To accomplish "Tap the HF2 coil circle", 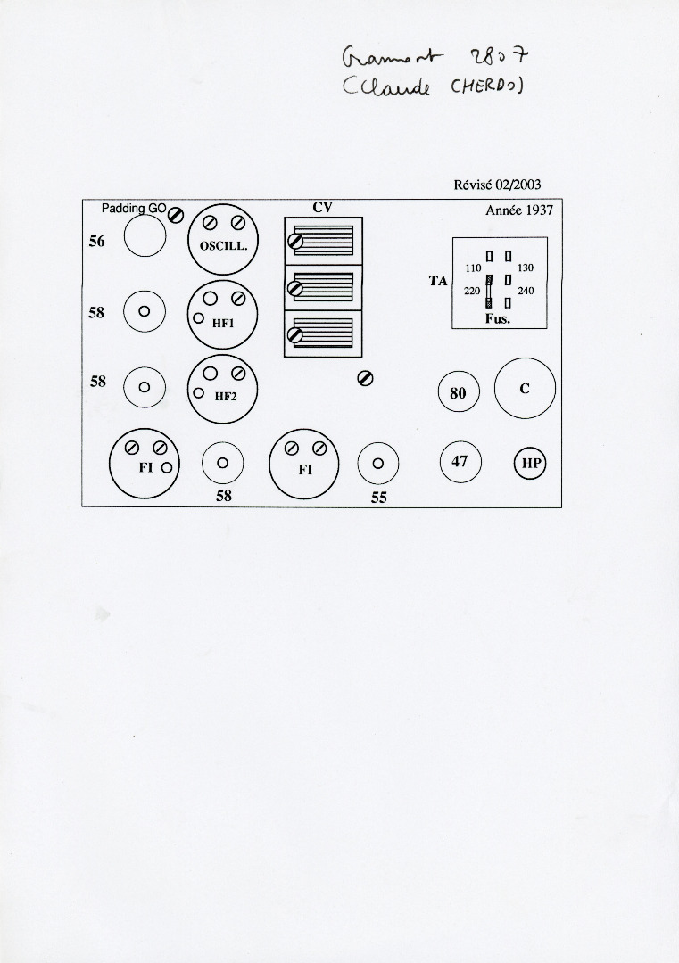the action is point(223,391).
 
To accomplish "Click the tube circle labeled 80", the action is point(459,392).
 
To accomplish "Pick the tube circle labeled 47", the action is point(460,462).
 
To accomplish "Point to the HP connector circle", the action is point(531,464).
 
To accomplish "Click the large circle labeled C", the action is point(525,389).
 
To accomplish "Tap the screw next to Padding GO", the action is point(177,215).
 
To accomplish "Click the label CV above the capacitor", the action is point(322,208).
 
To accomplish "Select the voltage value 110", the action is point(473,268).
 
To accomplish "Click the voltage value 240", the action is point(526,291).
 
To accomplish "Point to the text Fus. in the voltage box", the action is point(498,319).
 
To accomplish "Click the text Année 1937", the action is point(519,211).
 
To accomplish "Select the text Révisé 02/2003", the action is point(497,185).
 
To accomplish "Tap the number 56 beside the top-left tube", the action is point(96,241).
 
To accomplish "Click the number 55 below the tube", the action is point(379,498).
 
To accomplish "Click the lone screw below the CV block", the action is point(364,378).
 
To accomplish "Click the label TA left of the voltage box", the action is point(437,281).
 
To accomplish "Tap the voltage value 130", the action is point(526,268).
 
